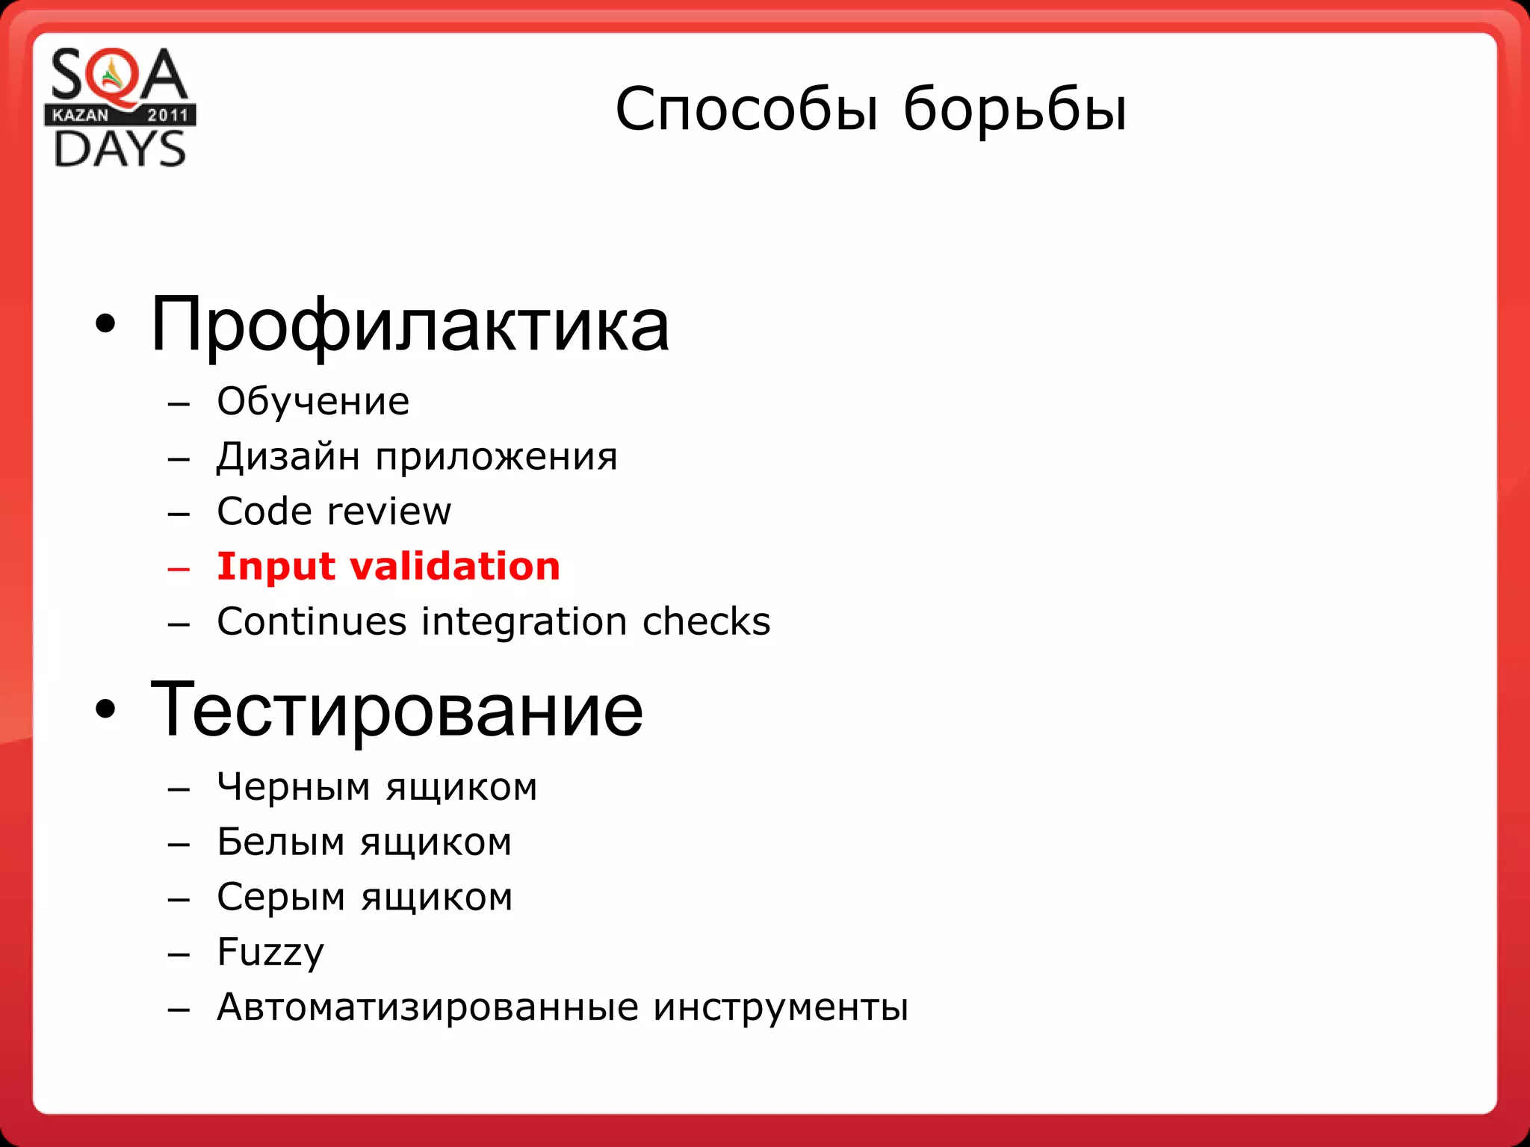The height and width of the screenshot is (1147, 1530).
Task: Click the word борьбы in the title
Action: point(1015,110)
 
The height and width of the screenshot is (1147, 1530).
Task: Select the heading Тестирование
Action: point(396,709)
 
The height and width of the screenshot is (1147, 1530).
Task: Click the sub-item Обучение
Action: point(313,402)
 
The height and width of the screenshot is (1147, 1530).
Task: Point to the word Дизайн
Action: point(288,457)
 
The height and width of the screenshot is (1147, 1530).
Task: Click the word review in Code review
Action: point(389,512)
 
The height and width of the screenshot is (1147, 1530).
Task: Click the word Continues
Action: point(313,622)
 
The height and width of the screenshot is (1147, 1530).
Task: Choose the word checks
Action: point(706,622)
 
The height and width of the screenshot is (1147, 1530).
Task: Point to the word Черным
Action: point(294,787)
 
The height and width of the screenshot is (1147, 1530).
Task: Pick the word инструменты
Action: point(781,1007)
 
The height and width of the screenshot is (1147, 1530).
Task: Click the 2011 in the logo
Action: point(167,115)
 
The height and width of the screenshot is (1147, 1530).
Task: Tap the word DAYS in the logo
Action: point(120,149)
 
